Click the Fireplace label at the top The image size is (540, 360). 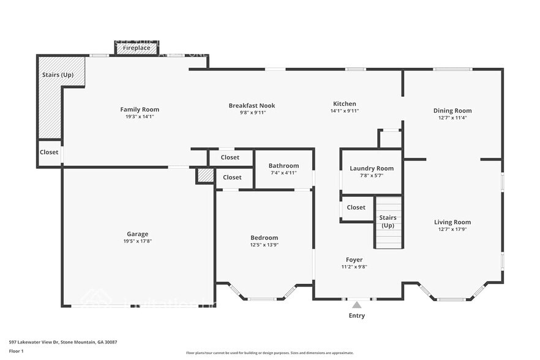pos(137,48)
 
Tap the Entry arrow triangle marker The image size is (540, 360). pos(356,304)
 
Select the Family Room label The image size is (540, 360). pos(140,110)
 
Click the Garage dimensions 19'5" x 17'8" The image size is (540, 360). pos(138,241)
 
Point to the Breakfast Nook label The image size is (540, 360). pos(252,105)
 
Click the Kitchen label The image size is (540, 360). pos(344,103)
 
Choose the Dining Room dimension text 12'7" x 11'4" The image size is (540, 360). pos(452,118)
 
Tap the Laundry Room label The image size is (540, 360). pos(372,168)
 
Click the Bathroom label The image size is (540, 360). pos(283,166)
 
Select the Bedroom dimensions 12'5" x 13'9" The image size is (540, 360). pos(264,245)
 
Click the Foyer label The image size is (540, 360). pos(354,260)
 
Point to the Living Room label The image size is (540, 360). pos(452,222)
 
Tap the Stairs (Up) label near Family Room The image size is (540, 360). pos(58,75)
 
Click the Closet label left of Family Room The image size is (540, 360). pos(49,152)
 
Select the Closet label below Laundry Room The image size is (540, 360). pos(356,208)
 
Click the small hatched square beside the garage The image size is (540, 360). pos(205,175)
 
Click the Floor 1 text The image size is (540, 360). pos(16,351)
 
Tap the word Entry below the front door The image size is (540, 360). pos(356,316)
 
